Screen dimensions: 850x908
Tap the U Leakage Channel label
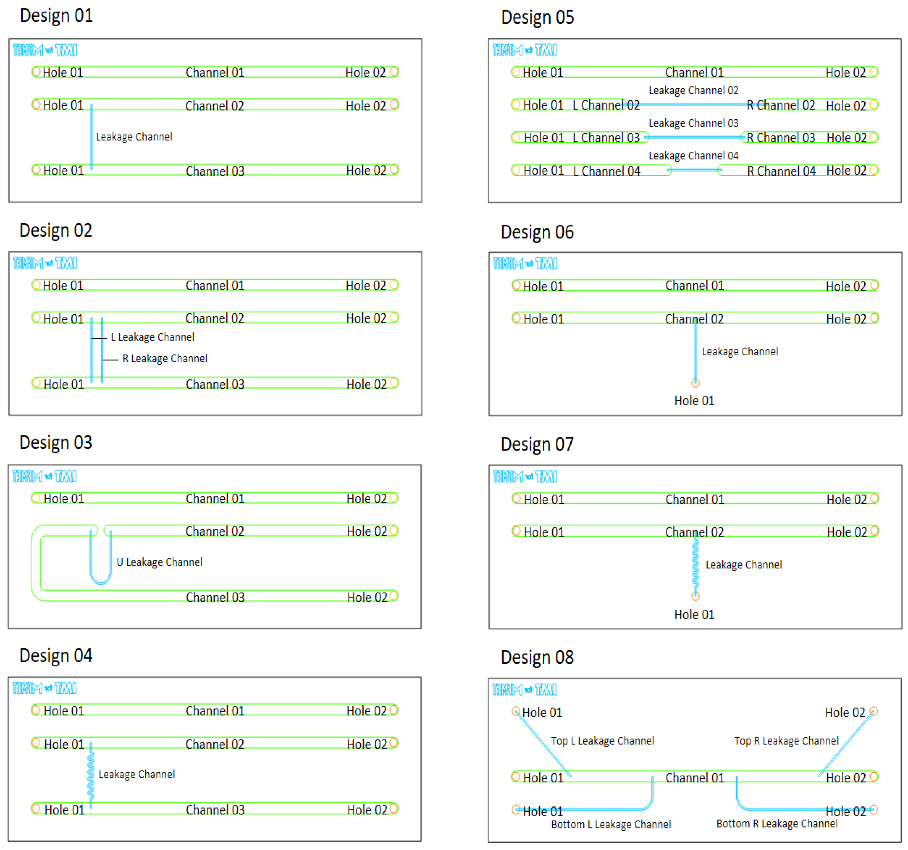click(159, 562)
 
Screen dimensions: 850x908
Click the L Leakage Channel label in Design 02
click(153, 337)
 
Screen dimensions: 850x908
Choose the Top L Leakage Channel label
click(602, 741)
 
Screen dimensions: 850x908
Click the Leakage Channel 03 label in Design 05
click(693, 123)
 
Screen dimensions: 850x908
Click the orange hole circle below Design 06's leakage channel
click(695, 383)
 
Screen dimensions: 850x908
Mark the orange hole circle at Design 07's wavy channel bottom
click(695, 596)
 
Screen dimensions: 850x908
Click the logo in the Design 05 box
click(524, 50)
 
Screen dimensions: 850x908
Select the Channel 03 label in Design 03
click(215, 598)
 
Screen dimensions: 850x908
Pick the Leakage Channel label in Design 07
click(744, 565)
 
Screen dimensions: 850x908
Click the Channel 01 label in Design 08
click(695, 778)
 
